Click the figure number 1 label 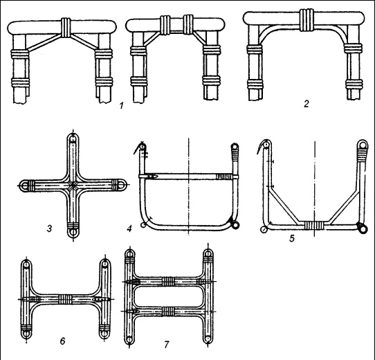click(x=122, y=105)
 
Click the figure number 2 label click(x=307, y=104)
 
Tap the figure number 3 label click(x=49, y=228)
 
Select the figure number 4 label click(x=129, y=229)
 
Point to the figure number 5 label click(x=292, y=238)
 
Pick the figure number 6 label click(x=63, y=341)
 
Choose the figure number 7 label click(x=167, y=345)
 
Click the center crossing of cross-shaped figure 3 click(x=73, y=185)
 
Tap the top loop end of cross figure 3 click(x=73, y=138)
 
